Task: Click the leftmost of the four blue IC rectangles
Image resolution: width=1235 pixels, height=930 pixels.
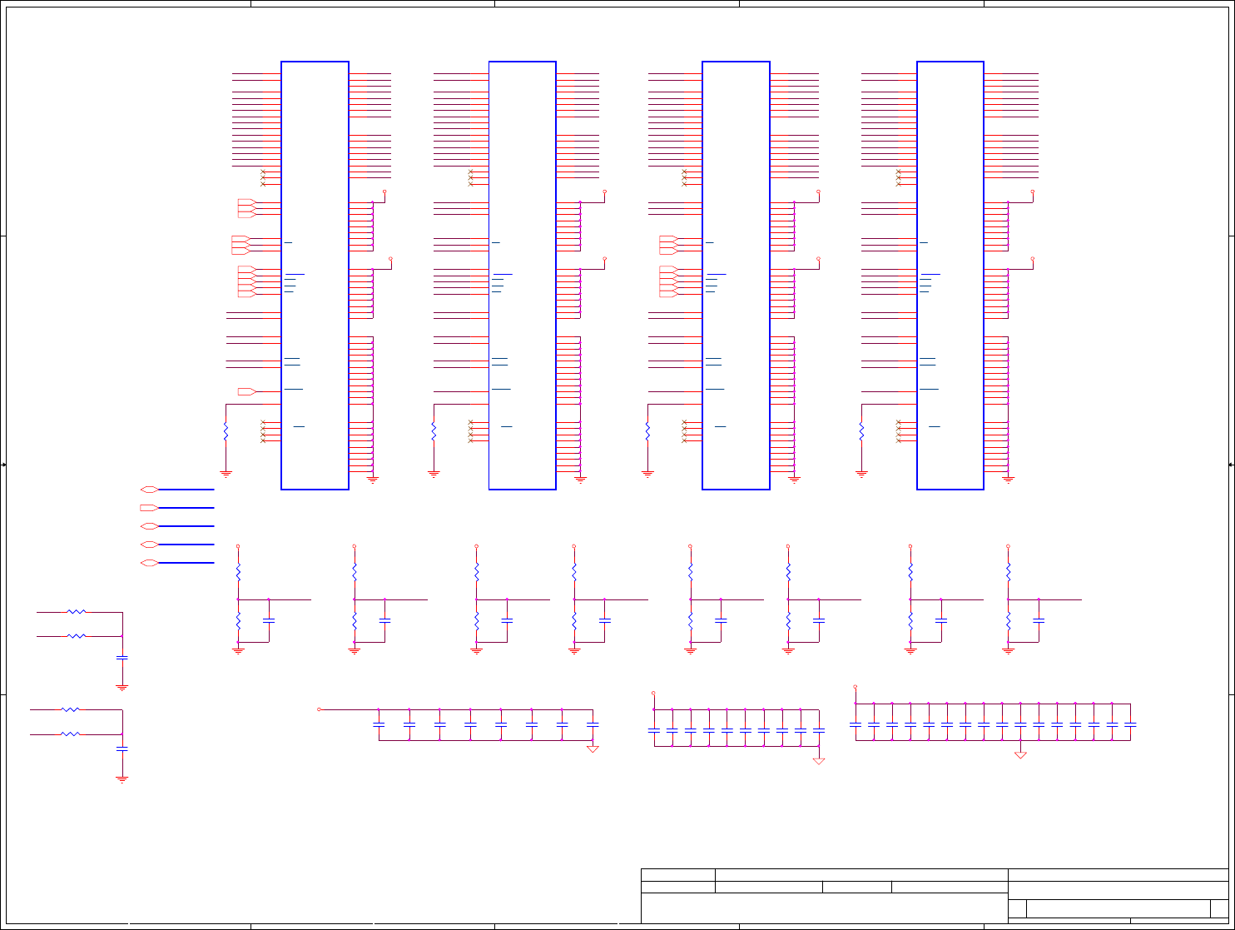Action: tap(315, 275)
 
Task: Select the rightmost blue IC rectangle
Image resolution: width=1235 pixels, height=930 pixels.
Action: tap(950, 275)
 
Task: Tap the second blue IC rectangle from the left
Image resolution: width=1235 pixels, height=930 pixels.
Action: tap(522, 275)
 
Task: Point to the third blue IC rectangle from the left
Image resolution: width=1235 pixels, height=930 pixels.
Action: tap(736, 275)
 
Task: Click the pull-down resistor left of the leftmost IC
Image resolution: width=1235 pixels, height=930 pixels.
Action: tap(226, 431)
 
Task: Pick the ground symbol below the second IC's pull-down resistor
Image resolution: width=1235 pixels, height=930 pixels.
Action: tap(434, 474)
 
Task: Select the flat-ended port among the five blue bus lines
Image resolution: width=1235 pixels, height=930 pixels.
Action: tap(149, 507)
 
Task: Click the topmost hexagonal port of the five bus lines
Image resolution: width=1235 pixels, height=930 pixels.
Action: tap(149, 490)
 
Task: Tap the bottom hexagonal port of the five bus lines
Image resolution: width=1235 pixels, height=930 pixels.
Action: tap(149, 563)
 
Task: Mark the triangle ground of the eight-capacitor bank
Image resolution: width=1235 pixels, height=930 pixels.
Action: tap(593, 749)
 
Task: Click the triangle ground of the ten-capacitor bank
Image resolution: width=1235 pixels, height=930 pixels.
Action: tap(819, 761)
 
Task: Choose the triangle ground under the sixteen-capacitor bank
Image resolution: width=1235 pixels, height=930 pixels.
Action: tap(1020, 755)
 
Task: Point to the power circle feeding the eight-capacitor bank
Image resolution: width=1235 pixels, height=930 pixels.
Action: tap(320, 709)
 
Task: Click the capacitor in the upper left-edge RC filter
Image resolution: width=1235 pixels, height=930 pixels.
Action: tap(122, 658)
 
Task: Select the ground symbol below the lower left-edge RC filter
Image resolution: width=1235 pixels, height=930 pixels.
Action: tap(122, 779)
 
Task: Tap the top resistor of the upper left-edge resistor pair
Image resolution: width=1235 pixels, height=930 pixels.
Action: tap(77, 612)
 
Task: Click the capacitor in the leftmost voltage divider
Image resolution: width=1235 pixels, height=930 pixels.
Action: tap(269, 620)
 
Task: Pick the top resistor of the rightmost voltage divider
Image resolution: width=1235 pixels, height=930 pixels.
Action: tap(1008, 571)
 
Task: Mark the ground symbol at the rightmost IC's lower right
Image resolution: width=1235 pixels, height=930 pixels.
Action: tap(1009, 480)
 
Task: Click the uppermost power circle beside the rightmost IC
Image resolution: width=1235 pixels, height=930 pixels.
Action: tap(1033, 191)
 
